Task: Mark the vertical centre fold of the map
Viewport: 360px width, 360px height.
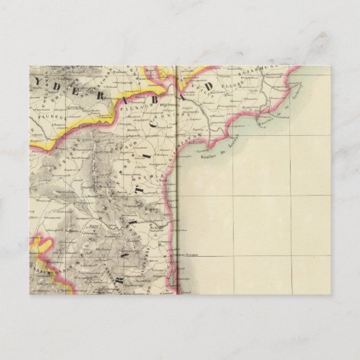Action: [177, 204]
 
